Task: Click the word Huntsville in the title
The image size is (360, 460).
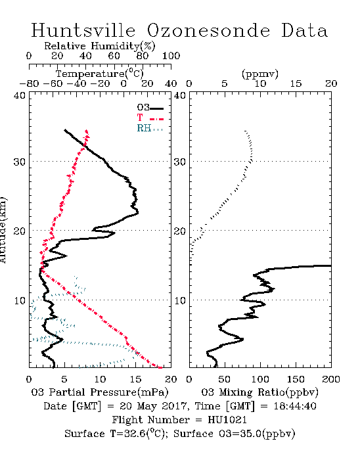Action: (83, 30)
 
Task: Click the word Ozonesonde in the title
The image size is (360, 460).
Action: (208, 30)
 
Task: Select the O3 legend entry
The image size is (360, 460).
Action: (150, 108)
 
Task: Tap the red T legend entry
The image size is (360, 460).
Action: (150, 118)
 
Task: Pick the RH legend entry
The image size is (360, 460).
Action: (150, 128)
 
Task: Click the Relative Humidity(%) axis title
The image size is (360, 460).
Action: (99, 46)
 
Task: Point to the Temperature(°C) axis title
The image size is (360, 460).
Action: (99, 74)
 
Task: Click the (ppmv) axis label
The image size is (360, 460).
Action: (259, 74)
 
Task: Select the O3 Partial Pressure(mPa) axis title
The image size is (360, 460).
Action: (100, 392)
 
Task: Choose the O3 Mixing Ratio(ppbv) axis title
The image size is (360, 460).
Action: (259, 392)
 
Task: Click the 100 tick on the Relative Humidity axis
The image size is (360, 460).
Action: (171, 56)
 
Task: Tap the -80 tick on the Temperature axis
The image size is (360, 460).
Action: (29, 83)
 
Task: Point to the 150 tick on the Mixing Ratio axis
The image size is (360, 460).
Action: (296, 379)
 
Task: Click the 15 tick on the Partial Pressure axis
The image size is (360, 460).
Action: (135, 379)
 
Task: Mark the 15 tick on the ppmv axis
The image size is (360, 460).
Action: (296, 83)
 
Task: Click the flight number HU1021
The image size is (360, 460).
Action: (227, 420)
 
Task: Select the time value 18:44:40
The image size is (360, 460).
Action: (295, 406)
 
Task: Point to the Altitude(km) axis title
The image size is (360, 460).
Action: (3, 230)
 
